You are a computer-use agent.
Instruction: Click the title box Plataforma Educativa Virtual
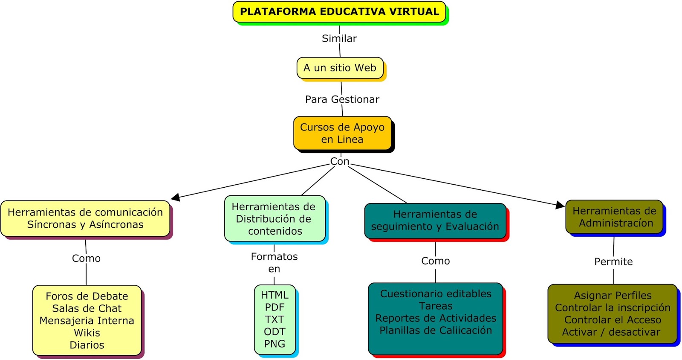[339, 12]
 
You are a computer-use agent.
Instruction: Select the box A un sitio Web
[340, 68]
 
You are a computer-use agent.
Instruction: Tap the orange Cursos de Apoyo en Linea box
[342, 133]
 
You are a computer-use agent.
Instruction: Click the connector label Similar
[339, 38]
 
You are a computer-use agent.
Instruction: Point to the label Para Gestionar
[342, 99]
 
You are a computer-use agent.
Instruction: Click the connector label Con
[340, 161]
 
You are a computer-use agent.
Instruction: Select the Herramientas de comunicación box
[85, 218]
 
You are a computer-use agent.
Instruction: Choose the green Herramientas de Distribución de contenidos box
[275, 219]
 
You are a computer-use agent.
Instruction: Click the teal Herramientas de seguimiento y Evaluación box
[435, 221]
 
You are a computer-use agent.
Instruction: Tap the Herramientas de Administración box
[614, 217]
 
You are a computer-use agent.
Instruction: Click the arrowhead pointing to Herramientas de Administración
[560, 205]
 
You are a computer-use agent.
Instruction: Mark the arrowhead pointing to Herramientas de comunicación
[175, 197]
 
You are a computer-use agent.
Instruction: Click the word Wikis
[87, 333]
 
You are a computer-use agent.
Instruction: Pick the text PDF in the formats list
[275, 307]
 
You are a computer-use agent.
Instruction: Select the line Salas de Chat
[87, 308]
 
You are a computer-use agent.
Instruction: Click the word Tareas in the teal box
[436, 306]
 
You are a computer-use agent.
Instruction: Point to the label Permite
[613, 261]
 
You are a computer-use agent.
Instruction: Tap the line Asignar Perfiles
[613, 295]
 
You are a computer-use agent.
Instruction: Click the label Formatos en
[274, 262]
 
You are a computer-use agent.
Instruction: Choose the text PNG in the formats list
[275, 344]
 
